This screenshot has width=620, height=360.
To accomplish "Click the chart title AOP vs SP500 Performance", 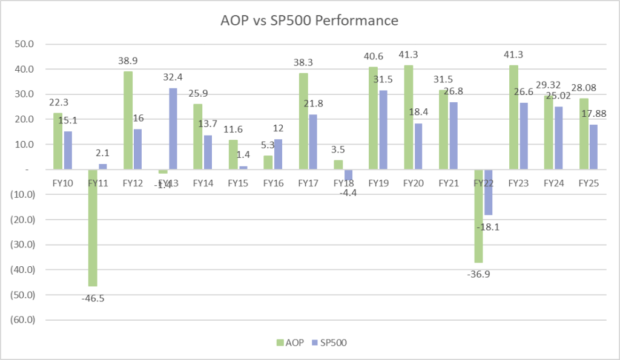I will (x=309, y=21).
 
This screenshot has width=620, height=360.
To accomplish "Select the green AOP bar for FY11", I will (x=93, y=227).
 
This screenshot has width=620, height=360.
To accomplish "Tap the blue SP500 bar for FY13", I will (x=173, y=129).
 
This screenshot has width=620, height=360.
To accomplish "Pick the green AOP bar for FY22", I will (x=478, y=216).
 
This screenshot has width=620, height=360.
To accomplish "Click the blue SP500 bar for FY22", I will (x=488, y=192).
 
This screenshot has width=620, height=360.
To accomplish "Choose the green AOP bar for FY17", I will (x=303, y=121).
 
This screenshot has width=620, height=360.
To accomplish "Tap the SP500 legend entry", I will (x=326, y=343).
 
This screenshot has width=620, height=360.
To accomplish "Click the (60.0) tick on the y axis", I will (x=22, y=319).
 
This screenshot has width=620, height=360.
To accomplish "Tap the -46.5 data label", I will (x=93, y=298).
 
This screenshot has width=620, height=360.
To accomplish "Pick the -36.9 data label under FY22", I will (x=479, y=274).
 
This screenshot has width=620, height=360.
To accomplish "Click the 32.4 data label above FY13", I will (x=173, y=77).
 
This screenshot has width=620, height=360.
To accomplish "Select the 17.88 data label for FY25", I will (x=594, y=113).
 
